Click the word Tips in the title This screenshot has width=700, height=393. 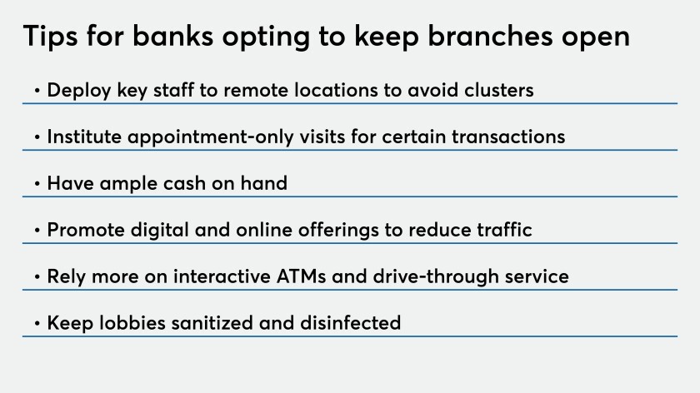click(50, 37)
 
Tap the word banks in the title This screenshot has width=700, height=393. click(172, 35)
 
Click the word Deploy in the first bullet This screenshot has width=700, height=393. click(79, 91)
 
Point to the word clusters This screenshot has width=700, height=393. click(498, 90)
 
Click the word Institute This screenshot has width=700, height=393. click(84, 137)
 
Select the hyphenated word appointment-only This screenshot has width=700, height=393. click(211, 137)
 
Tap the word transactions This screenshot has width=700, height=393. click(508, 137)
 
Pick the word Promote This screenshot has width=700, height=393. click(86, 230)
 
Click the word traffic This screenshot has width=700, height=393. click(504, 229)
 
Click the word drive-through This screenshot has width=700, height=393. click(436, 276)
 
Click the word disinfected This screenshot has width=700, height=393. click(351, 323)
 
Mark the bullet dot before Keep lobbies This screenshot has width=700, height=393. click(37, 323)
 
